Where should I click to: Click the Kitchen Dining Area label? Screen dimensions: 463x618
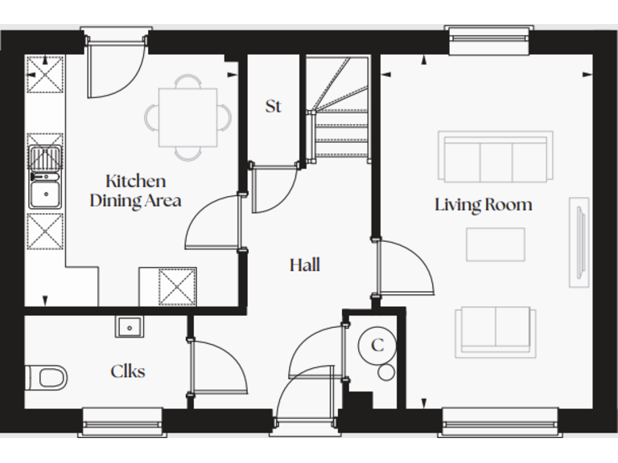[x=134, y=191]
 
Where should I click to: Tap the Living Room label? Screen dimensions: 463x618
[x=483, y=204]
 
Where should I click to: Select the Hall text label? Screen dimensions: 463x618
[x=304, y=264]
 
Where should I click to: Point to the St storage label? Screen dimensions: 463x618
[x=273, y=106]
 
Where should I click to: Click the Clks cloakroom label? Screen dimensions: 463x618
[x=127, y=371]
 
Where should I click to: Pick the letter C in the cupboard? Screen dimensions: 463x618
[x=377, y=346]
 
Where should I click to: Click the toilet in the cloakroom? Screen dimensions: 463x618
[x=47, y=376]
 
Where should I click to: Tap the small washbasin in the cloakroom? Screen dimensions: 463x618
[x=129, y=326]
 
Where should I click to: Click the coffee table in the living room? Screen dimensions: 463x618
[x=495, y=244]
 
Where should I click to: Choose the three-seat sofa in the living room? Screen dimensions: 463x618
[x=495, y=157]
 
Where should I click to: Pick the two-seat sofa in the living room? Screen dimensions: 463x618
[x=494, y=330]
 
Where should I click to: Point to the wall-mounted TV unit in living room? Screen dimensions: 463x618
[x=578, y=241]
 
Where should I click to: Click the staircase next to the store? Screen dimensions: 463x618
[x=338, y=113]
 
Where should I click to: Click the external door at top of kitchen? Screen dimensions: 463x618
[x=115, y=68]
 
